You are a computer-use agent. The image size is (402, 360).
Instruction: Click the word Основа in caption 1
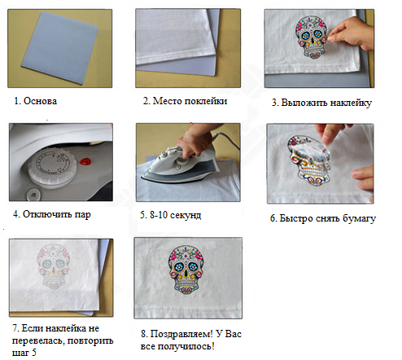40,101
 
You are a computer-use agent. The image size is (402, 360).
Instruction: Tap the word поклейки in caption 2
206,101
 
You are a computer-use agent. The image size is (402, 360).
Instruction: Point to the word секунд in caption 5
186,215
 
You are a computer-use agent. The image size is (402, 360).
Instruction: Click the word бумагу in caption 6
359,218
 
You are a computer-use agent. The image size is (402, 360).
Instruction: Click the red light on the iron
85,162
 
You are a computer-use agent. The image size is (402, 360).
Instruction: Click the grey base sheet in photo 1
60,48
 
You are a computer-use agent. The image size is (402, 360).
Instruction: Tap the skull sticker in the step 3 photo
312,37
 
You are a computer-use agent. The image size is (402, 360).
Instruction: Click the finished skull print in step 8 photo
186,270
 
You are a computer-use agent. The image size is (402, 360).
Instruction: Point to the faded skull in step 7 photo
55,266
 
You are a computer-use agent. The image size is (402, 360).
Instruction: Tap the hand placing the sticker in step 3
351,35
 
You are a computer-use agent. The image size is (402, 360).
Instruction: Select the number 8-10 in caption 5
159,215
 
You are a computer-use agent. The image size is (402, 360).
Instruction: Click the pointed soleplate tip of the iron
142,178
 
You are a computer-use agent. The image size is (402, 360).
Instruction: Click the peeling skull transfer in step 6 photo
309,160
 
